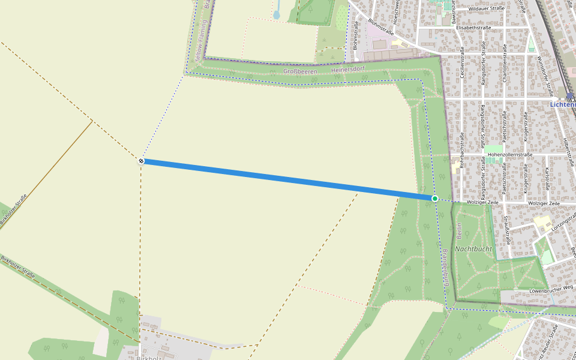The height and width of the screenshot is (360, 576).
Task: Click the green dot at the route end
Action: [x=434, y=198]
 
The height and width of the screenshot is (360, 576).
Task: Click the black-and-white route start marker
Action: [x=141, y=161]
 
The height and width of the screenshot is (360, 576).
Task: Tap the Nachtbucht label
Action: [x=473, y=248]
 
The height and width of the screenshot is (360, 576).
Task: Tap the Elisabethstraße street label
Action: [x=473, y=28]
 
